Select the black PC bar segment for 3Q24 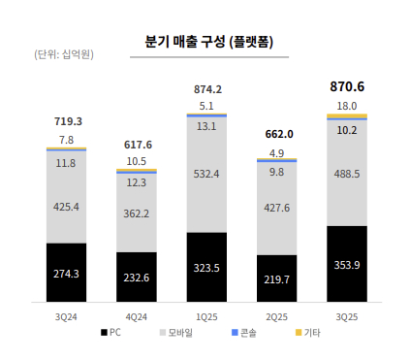(66, 273)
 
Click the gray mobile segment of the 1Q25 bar (206, 175)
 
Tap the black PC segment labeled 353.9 (347, 265)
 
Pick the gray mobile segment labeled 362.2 (137, 213)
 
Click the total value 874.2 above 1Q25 (206, 89)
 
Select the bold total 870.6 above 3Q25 (347, 86)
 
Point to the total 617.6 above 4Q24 (137, 145)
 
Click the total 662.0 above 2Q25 (276, 134)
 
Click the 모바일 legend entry (175, 333)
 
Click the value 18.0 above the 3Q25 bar (347, 105)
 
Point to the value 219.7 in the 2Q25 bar (276, 278)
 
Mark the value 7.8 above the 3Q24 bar (66, 140)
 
